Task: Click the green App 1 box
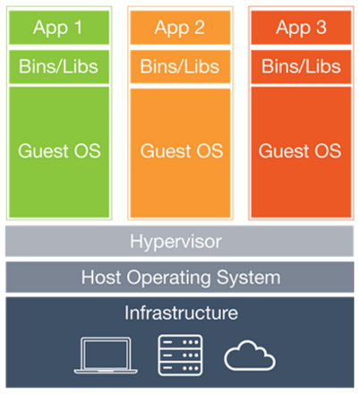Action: (x=59, y=28)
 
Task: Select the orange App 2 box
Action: (x=180, y=28)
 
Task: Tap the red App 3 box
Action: (x=301, y=28)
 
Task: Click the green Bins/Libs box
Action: (x=59, y=67)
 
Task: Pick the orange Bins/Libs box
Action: (x=180, y=66)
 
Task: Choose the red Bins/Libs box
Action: (x=301, y=67)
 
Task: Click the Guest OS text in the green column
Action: (x=59, y=150)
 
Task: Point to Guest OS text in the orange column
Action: (x=182, y=150)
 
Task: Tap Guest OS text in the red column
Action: (x=300, y=150)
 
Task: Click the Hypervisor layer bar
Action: (x=179, y=241)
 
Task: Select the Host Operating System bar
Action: (x=180, y=278)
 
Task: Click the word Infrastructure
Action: (x=181, y=313)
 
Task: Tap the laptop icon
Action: (x=106, y=355)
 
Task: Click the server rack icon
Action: (x=180, y=355)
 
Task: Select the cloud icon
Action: (x=250, y=355)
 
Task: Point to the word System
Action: (x=249, y=278)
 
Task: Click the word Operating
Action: (x=169, y=278)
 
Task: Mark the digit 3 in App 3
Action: (x=321, y=28)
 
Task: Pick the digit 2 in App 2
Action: (x=200, y=28)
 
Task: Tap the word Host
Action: (x=101, y=278)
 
